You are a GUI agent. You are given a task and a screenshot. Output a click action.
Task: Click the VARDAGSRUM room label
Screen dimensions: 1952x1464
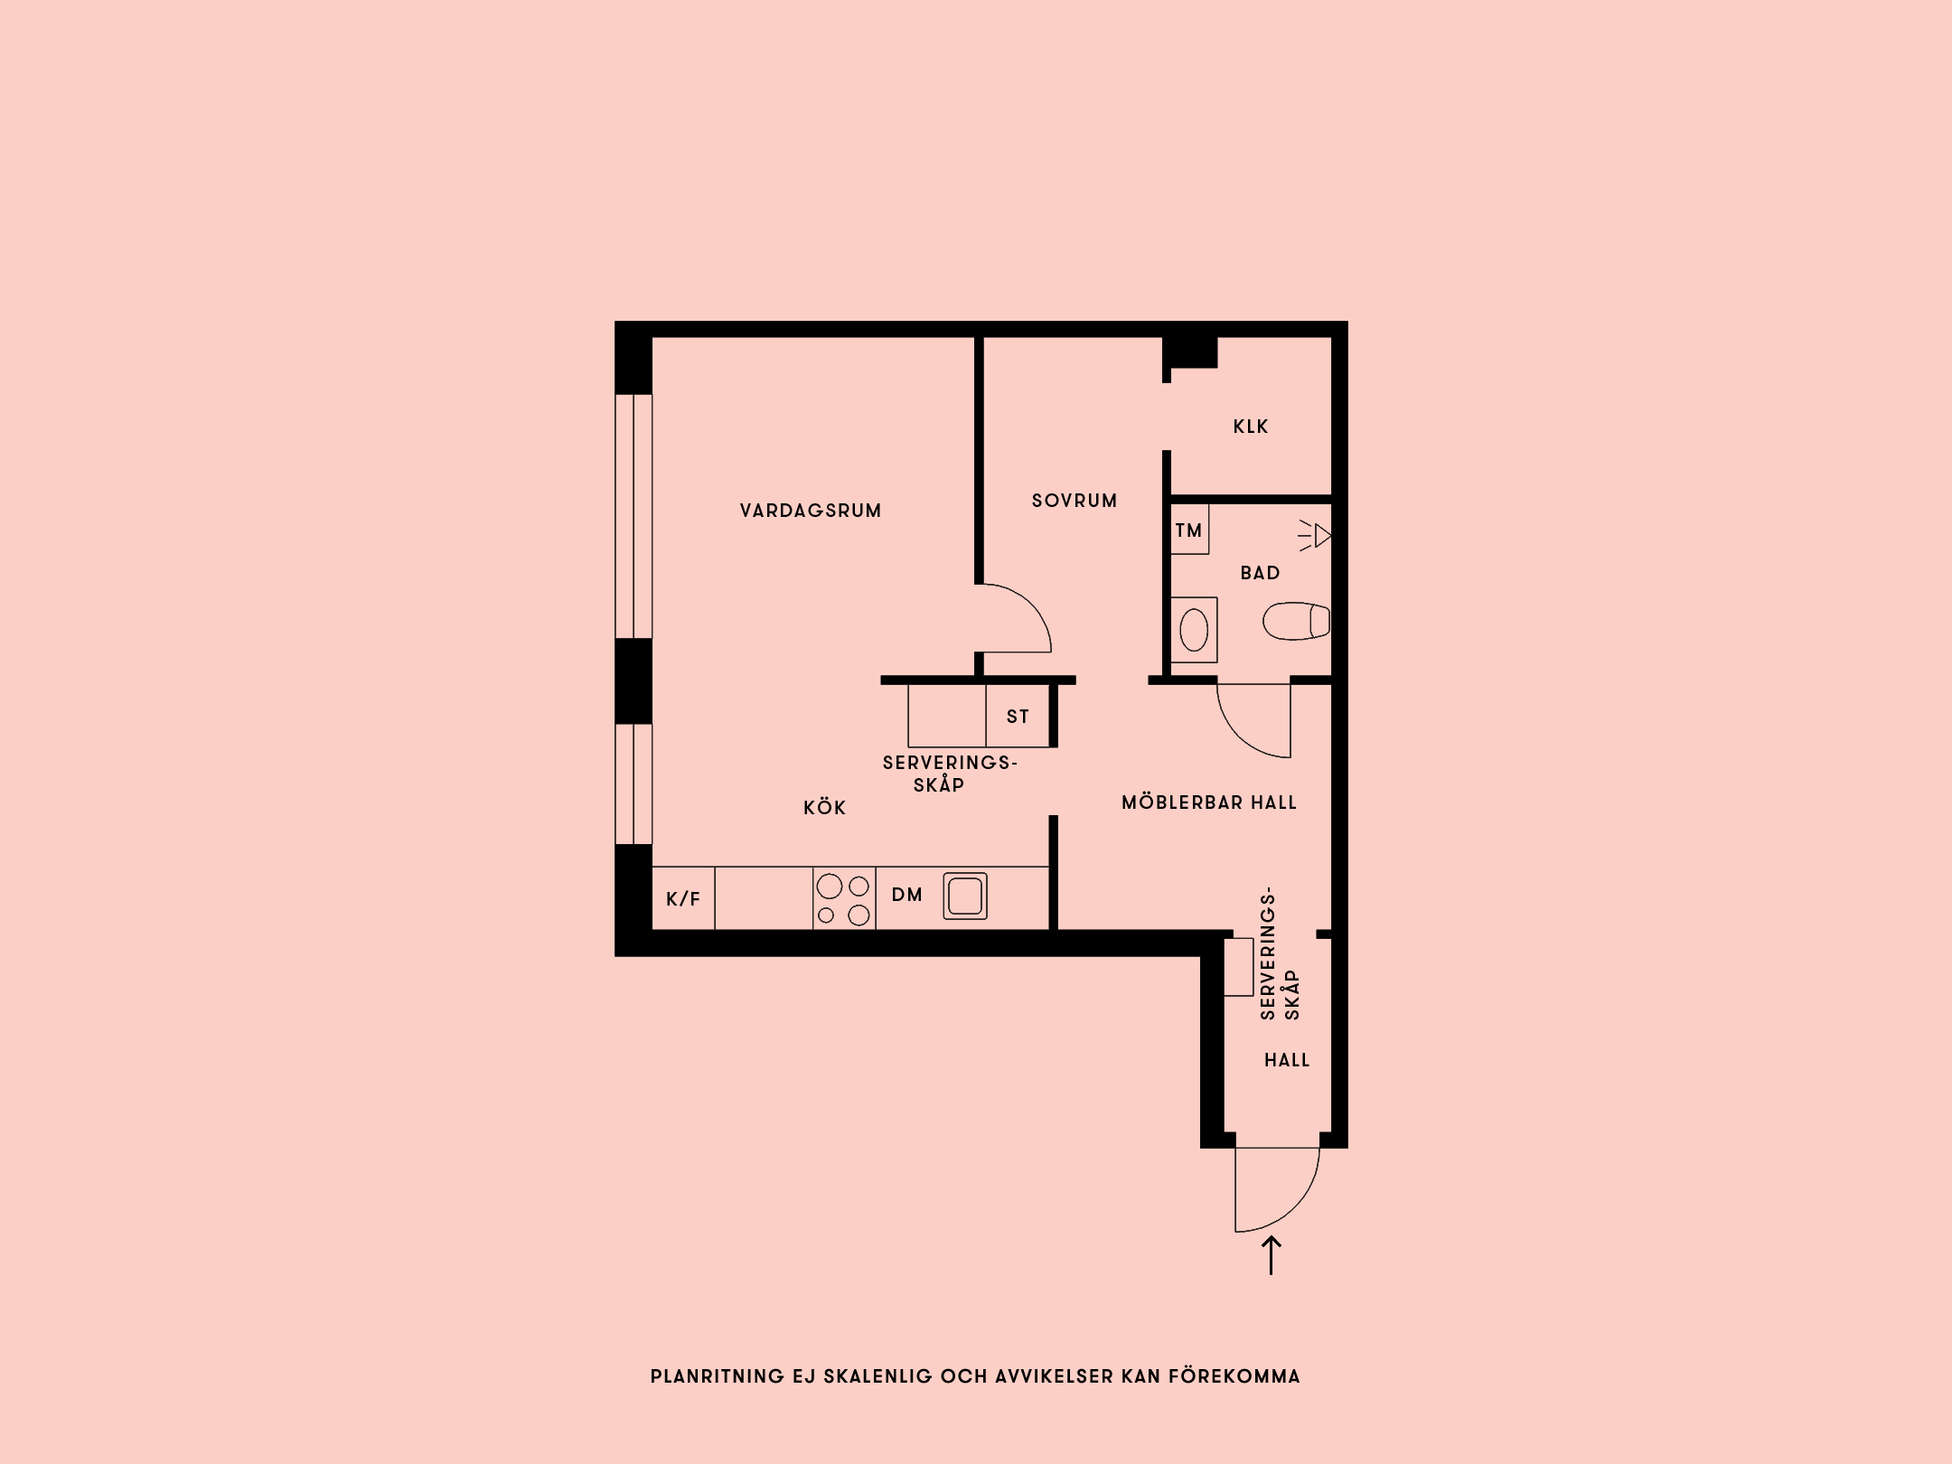click(811, 511)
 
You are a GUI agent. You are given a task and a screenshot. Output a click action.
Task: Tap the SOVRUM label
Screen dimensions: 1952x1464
click(1075, 501)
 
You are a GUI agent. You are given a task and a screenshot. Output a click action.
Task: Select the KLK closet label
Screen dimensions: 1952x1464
click(1251, 427)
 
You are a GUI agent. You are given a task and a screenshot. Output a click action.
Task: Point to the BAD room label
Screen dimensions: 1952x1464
click(1260, 573)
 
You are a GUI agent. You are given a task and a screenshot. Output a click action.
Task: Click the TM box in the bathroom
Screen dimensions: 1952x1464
click(1189, 530)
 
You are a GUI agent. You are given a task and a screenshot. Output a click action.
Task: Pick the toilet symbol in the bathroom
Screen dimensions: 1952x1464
click(1296, 621)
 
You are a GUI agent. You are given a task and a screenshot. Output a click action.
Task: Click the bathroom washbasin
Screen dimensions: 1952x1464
click(1194, 630)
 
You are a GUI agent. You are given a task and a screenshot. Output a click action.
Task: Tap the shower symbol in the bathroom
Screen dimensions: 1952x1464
click(1315, 536)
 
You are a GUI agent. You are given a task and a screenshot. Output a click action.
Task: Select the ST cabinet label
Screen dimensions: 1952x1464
click(1018, 717)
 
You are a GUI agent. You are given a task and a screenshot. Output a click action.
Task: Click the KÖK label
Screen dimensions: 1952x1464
click(825, 808)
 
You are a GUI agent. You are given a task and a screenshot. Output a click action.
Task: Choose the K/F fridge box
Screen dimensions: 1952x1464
click(683, 898)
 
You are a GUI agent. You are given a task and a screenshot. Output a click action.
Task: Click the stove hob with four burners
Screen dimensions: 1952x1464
click(844, 898)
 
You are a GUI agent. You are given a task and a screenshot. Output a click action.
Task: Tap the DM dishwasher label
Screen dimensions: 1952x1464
click(907, 895)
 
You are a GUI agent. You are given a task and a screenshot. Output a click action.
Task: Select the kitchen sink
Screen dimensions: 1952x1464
click(965, 896)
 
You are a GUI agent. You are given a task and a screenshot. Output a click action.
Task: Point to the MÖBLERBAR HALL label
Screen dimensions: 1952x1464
click(1209, 802)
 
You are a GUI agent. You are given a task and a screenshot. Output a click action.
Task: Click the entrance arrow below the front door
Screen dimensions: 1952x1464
click(1272, 1255)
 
